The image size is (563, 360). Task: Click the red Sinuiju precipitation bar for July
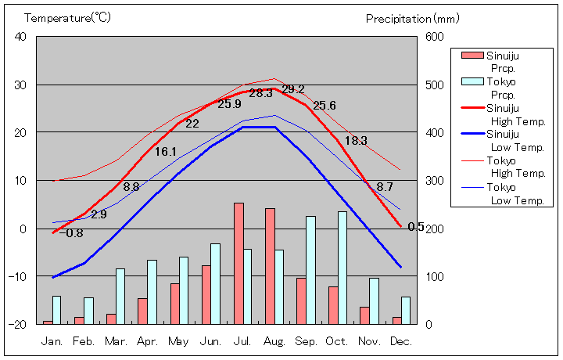pyautogui.click(x=238, y=263)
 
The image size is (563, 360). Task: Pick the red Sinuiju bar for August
pyautogui.click(x=270, y=266)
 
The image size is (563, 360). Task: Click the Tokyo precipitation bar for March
pyautogui.click(x=120, y=296)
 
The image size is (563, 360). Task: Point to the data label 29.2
pyautogui.click(x=293, y=89)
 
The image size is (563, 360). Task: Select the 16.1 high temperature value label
pyautogui.click(x=166, y=152)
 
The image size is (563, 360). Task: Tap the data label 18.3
pyautogui.click(x=356, y=141)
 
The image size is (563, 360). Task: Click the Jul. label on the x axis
pyautogui.click(x=243, y=341)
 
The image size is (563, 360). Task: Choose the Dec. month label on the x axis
pyautogui.click(x=401, y=341)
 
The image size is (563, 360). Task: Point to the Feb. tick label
pyautogui.click(x=84, y=341)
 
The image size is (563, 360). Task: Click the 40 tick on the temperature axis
pyautogui.click(x=20, y=37)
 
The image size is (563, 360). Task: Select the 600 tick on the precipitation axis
pyautogui.click(x=435, y=37)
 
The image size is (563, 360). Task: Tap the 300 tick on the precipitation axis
pyautogui.click(x=435, y=181)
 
